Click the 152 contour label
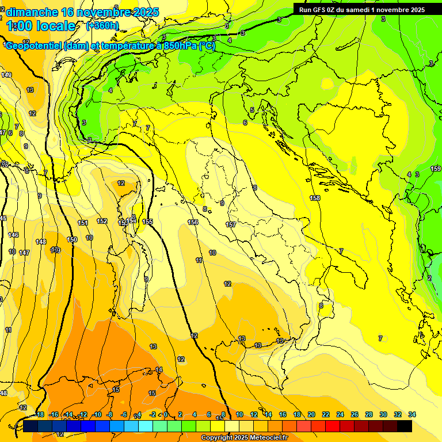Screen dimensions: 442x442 pyautogui.click(x=102, y=221)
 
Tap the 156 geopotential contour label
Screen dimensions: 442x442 pyautogui.click(x=193, y=222)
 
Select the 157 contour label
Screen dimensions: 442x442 pyautogui.click(x=231, y=224)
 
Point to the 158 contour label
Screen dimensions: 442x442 pyautogui.click(x=315, y=198)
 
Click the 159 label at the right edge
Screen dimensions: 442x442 pyautogui.click(x=436, y=169)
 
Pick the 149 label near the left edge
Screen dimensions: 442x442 pyautogui.click(x=6, y=75)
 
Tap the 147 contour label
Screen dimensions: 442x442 pyautogui.click(x=24, y=253)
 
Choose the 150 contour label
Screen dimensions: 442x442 pyautogui.click(x=72, y=239)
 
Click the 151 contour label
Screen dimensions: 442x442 pyautogui.click(x=83, y=223)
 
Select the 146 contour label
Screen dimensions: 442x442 pyautogui.click(x=13, y=235)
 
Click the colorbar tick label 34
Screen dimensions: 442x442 pyautogui.click(x=411, y=414)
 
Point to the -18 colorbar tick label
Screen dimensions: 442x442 pyautogui.click(x=40, y=414)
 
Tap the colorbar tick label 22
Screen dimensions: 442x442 pyautogui.click(x=326, y=414)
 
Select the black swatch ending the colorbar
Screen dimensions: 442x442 pyautogui.click(x=405, y=426)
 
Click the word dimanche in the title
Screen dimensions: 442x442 pyautogui.click(x=32, y=12)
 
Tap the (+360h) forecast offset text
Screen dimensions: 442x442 pyautogui.click(x=102, y=25)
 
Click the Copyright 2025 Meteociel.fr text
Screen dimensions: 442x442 pyautogui.click(x=244, y=438)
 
